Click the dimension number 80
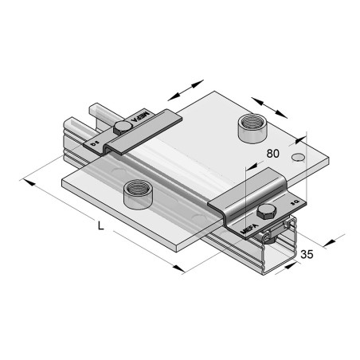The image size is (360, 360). coord(274,153)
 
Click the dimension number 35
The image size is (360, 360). coord(307,255)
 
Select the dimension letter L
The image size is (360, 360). coord(100,225)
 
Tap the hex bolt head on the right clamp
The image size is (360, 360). coord(266,211)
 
